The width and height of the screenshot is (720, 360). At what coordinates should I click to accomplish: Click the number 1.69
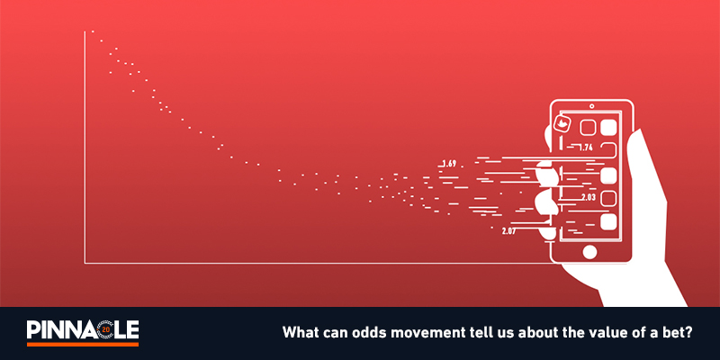point(449,163)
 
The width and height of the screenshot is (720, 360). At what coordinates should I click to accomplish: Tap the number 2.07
point(508,231)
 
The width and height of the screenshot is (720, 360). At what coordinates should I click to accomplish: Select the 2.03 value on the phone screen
point(589,197)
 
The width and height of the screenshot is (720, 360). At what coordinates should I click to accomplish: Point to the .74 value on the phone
point(587,148)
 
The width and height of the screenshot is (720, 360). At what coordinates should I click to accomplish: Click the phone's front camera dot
point(592,106)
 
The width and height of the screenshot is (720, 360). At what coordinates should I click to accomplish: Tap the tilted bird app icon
point(563,123)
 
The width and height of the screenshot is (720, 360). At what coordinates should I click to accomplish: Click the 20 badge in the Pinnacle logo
point(106,329)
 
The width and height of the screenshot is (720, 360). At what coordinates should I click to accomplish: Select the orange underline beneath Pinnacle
point(83,344)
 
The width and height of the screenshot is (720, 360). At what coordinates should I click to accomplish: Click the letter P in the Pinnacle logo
point(33,329)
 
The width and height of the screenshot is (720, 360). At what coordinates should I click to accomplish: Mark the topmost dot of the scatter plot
point(93,31)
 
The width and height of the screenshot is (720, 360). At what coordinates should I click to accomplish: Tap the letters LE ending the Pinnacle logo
point(127,329)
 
